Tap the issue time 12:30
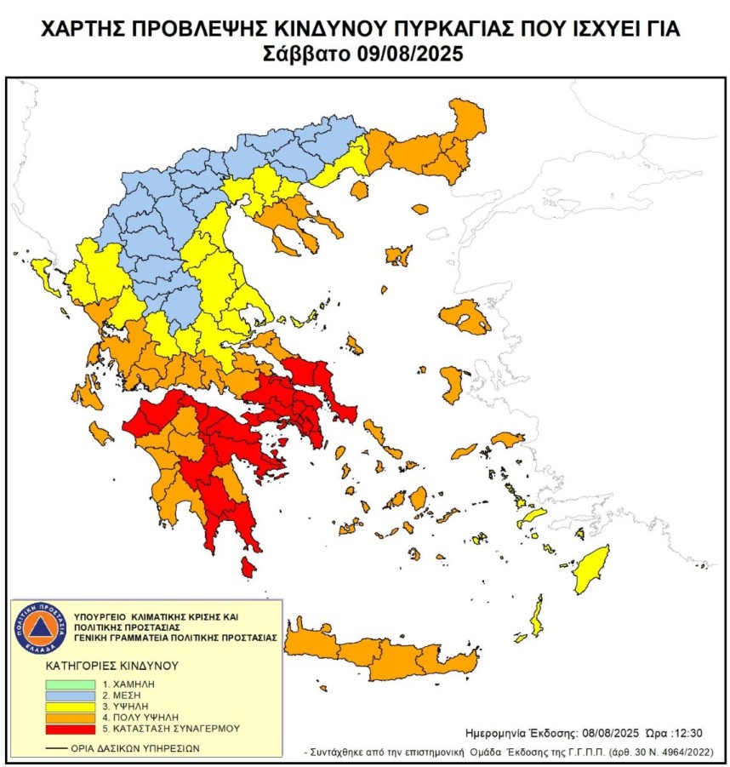pos(687,732)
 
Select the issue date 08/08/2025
pos(611,732)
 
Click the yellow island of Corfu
pos(39,272)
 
